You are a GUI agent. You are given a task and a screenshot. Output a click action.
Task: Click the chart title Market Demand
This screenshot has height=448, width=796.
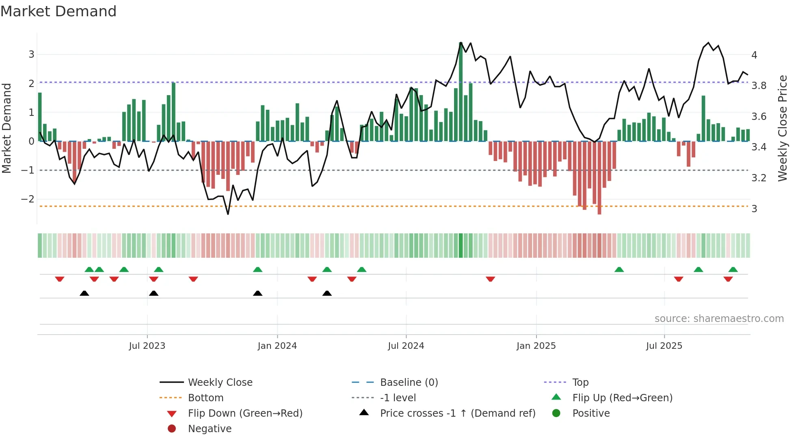[58, 11]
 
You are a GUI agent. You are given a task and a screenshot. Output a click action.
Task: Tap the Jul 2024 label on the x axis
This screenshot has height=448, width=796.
[406, 346]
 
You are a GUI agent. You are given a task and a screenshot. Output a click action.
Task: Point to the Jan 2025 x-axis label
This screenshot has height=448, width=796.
[536, 346]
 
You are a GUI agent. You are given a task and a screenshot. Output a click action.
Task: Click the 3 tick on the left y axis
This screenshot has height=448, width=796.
[31, 54]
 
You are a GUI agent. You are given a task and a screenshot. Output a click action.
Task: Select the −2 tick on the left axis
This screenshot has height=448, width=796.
[28, 199]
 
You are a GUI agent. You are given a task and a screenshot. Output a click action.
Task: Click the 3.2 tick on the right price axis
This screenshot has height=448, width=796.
[758, 178]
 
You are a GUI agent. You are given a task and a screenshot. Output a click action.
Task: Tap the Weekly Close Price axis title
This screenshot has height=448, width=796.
[782, 128]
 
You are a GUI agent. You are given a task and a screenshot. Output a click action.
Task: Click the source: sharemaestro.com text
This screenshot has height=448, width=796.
[719, 319]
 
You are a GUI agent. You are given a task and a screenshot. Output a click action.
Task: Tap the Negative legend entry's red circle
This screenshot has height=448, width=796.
[172, 429]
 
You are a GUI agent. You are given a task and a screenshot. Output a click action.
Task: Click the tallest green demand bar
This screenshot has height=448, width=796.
[461, 91]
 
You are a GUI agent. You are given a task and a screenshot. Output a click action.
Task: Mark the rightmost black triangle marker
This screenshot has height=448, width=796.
[327, 293]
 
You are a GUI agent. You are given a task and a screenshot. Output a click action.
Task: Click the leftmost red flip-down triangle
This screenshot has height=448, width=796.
[60, 279]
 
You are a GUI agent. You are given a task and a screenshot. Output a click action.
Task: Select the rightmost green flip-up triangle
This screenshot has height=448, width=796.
[733, 270]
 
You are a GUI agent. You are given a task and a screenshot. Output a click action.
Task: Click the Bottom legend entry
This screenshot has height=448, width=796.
[205, 398]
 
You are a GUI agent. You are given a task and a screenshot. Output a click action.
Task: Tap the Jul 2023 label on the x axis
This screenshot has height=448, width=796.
[147, 346]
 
